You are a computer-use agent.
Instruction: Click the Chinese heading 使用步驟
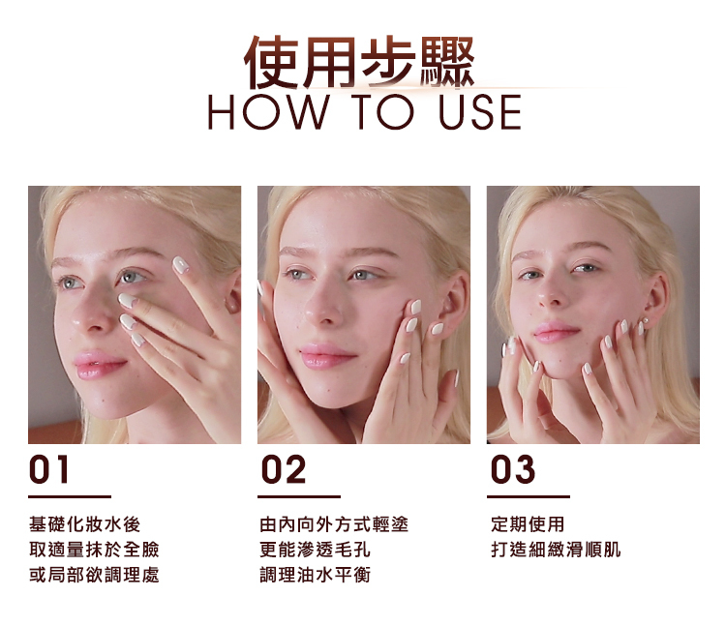coord(360,62)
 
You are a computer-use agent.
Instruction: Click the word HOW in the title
coord(267,112)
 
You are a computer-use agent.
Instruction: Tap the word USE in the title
coord(480,112)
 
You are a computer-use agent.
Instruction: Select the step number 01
coord(49,469)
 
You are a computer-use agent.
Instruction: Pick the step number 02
coord(284,469)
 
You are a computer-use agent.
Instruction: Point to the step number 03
coord(513,469)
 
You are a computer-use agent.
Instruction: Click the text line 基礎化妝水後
coord(85,524)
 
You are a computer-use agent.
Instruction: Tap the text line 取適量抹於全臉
coord(94,550)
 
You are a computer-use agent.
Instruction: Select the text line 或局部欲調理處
coord(94,575)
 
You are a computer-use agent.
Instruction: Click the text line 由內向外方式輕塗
coord(334,524)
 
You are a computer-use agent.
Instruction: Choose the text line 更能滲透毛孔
coord(315,550)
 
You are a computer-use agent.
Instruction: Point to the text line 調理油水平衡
coord(315,575)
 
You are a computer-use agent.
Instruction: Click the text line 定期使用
coord(528,524)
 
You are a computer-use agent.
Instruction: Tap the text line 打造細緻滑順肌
coord(556,550)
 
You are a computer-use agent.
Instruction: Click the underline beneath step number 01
coord(70,497)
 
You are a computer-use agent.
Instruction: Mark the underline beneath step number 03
coord(529,497)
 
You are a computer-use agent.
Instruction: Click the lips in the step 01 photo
coord(99,364)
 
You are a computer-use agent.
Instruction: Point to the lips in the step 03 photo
coord(556,332)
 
